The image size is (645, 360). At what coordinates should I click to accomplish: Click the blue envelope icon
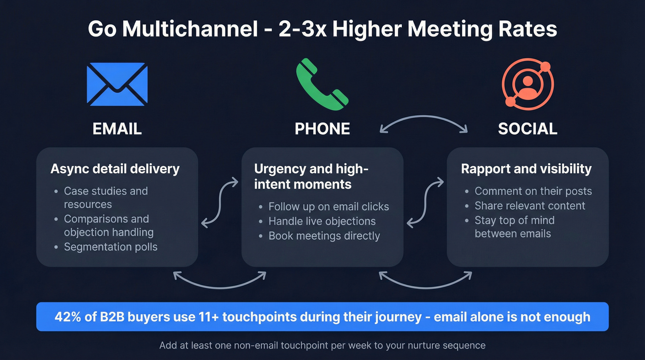(117, 84)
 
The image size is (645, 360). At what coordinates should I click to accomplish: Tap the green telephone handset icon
(322, 84)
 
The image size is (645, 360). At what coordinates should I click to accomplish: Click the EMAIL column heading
(117, 129)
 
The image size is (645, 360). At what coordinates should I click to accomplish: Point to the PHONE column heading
(322, 129)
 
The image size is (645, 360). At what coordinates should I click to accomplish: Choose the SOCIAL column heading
(528, 129)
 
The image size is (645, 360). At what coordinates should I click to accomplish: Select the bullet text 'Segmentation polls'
(111, 247)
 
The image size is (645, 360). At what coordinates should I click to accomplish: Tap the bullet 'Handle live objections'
(322, 221)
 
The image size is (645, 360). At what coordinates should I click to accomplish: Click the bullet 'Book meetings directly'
(324, 236)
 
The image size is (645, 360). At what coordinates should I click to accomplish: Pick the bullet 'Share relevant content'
(530, 206)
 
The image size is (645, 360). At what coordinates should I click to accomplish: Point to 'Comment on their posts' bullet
(533, 191)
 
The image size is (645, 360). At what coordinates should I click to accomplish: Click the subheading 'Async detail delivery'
(115, 169)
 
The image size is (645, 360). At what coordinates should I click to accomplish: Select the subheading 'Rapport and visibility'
(526, 169)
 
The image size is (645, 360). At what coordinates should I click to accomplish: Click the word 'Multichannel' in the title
(189, 29)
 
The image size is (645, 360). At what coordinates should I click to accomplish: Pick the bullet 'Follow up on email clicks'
(328, 207)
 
